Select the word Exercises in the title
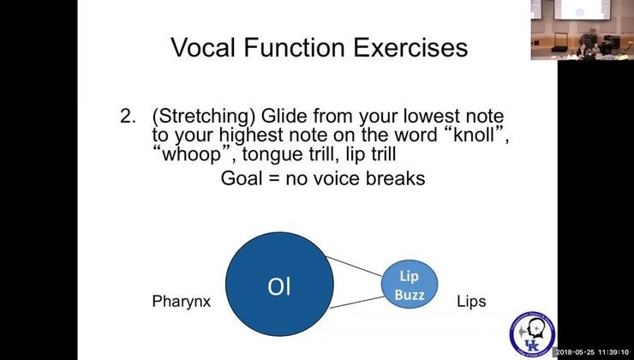point(402,46)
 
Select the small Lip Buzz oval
point(410,285)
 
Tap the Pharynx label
point(181,302)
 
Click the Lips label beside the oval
point(471,302)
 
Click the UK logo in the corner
point(530,333)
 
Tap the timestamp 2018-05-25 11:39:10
point(592,352)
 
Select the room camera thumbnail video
point(582,29)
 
